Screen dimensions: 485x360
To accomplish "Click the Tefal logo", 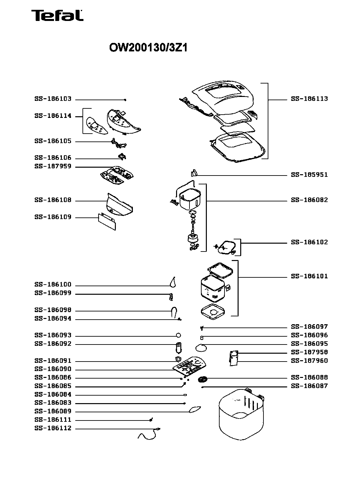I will pos(57,15).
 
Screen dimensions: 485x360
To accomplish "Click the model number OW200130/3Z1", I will pos(148,48).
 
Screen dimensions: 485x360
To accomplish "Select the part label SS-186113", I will pos(309,99).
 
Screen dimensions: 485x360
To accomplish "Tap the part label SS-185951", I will pos(309,175).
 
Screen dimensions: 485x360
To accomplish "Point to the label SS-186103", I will pos(53,99).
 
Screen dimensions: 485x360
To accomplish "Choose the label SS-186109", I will pos(53,217).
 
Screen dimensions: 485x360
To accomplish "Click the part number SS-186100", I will pos(53,285).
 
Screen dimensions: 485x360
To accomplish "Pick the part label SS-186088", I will pos(309,377).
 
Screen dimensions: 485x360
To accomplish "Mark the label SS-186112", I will pos(53,428).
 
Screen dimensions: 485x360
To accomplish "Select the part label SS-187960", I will pos(309,361).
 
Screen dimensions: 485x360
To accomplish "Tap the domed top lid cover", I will pos(223,98).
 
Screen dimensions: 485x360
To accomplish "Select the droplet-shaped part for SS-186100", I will pos(172,282).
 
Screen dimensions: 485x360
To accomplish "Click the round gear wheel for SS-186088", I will pos(203,380).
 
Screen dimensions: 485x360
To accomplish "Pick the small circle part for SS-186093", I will pos(178,335).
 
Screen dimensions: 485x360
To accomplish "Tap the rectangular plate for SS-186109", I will pos(107,221).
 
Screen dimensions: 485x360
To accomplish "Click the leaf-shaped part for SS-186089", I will pos(194,409).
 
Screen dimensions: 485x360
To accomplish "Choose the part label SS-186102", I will pos(309,242).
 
